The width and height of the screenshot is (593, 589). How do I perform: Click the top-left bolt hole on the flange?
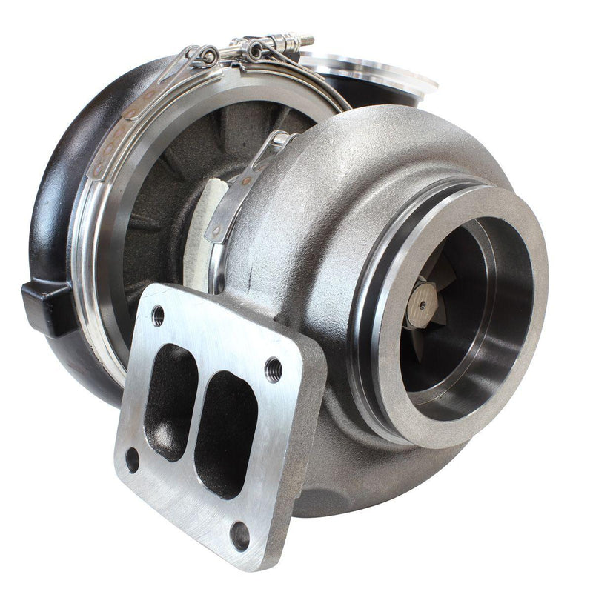(x=158, y=316)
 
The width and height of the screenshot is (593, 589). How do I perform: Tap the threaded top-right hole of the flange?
(x=273, y=367)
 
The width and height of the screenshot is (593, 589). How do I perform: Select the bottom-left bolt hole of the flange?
(x=133, y=459)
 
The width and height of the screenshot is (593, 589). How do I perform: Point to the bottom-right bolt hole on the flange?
(x=240, y=536)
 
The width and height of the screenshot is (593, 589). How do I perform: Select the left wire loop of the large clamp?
(x=208, y=55)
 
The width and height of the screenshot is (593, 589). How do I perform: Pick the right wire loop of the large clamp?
(x=256, y=50)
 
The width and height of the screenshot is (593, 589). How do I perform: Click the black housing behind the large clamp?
(x=59, y=185)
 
